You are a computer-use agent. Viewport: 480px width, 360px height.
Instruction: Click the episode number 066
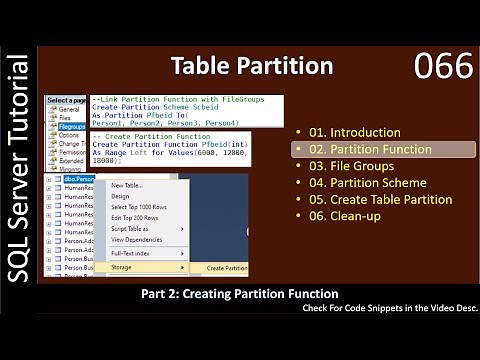click(444, 67)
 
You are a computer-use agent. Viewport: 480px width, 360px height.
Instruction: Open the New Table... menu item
click(126, 185)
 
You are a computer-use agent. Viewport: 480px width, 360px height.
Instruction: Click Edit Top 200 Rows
click(133, 218)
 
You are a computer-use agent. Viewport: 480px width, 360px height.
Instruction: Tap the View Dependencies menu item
click(136, 240)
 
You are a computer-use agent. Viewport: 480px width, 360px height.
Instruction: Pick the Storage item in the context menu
click(122, 267)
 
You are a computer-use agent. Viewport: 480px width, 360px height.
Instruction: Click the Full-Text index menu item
click(131, 254)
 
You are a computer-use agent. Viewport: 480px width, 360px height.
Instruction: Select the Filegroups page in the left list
click(71, 128)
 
